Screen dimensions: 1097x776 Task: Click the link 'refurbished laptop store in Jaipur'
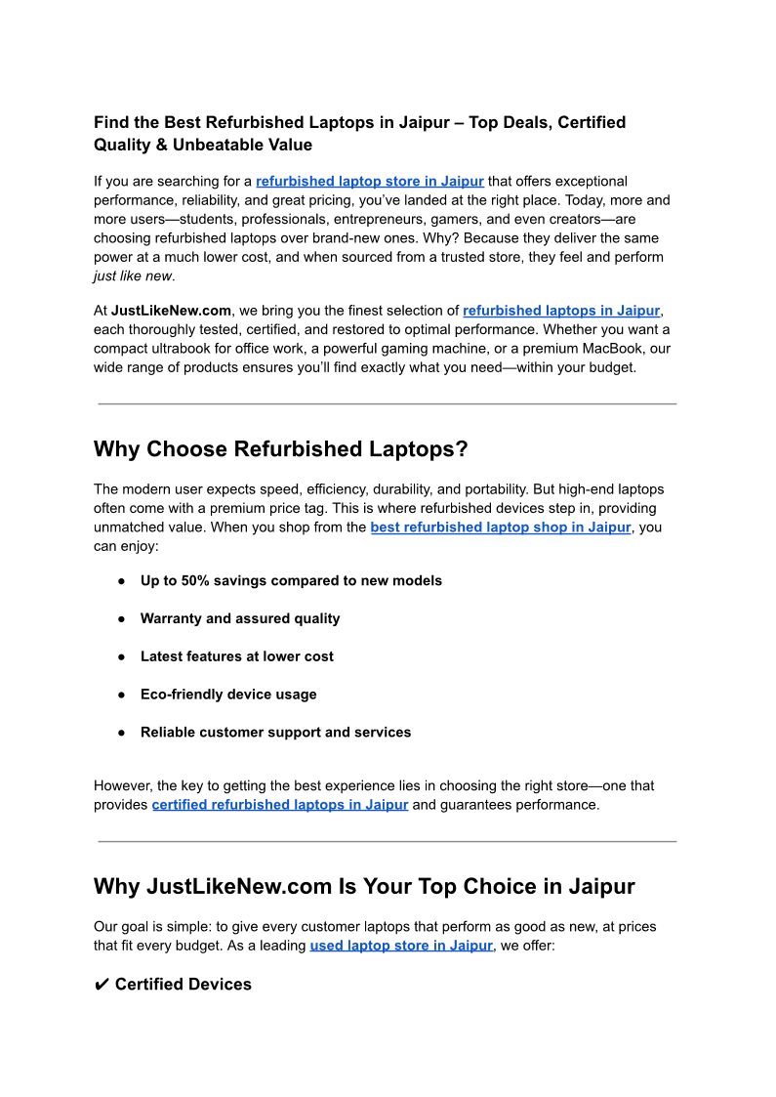369,181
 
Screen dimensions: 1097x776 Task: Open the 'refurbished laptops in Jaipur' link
561,311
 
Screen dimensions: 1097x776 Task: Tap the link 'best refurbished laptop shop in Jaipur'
500,527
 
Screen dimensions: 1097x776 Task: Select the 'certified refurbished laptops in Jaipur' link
280,805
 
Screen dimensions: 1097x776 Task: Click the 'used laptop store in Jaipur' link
401,946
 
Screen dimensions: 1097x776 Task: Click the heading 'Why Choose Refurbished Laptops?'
281,449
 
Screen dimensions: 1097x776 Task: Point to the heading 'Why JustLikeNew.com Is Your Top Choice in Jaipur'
364,887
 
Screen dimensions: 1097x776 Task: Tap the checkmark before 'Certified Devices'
102,985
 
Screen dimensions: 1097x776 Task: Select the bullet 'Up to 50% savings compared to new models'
291,580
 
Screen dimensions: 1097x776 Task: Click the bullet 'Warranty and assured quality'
240,618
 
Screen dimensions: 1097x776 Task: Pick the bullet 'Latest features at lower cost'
236,656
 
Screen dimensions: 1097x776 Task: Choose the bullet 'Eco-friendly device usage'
228,695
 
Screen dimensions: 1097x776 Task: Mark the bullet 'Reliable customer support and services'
275,733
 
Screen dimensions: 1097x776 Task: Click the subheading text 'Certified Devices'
183,985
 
